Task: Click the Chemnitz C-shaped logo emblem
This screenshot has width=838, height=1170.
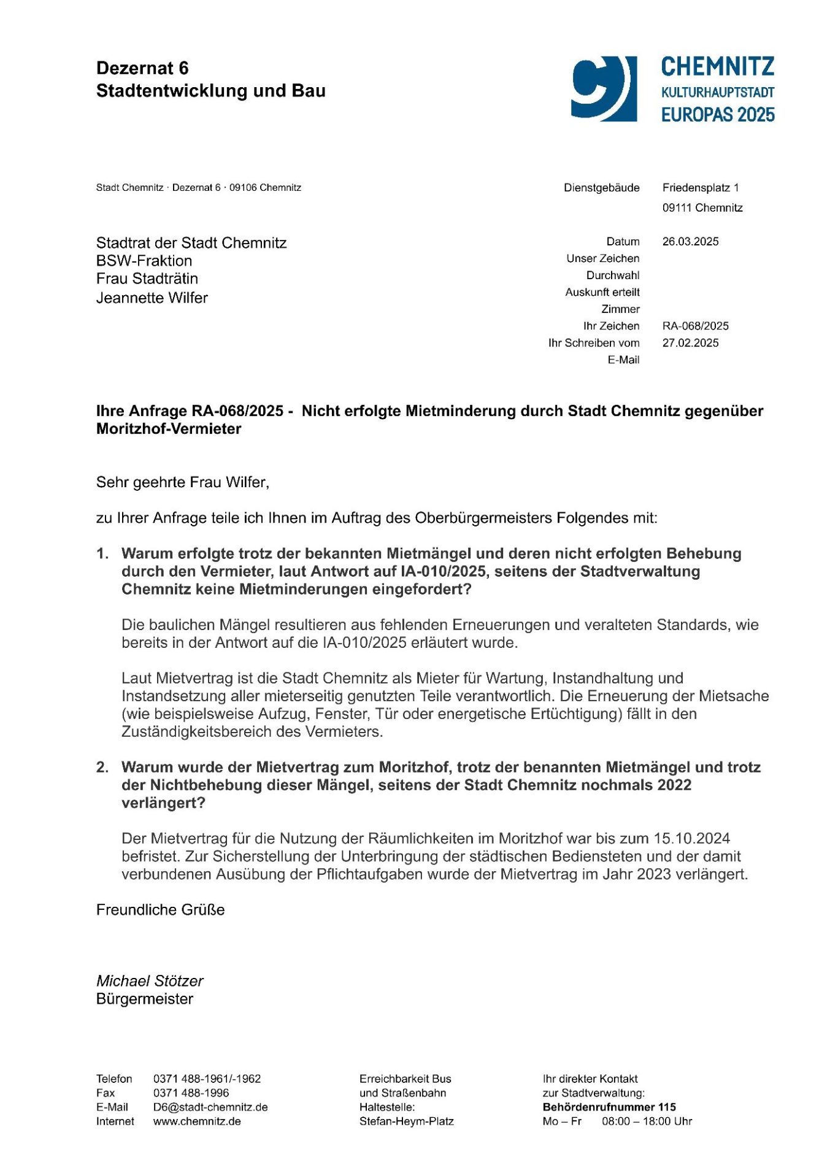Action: pyautogui.click(x=604, y=88)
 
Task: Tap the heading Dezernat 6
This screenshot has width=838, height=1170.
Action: pyautogui.click(x=142, y=68)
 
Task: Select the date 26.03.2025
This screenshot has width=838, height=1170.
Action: pyautogui.click(x=690, y=242)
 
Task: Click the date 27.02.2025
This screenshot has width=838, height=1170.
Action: pyautogui.click(x=690, y=343)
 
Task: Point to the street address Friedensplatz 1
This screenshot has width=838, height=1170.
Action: pyautogui.click(x=701, y=188)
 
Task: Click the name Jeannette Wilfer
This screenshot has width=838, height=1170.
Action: pyautogui.click(x=152, y=298)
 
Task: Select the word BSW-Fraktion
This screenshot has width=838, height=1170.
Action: pyautogui.click(x=144, y=261)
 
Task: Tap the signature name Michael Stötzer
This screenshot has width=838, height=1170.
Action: pyautogui.click(x=150, y=981)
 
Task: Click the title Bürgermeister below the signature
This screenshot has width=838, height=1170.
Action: pyautogui.click(x=145, y=999)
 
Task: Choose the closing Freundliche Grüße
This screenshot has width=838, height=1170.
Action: pyautogui.click(x=161, y=910)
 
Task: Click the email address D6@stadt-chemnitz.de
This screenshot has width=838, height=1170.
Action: pyautogui.click(x=210, y=1107)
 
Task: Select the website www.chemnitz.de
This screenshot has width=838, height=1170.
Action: pyautogui.click(x=197, y=1122)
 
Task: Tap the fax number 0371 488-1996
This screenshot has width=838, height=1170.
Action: pyautogui.click(x=191, y=1093)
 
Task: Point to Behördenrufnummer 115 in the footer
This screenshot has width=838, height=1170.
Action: pyautogui.click(x=609, y=1107)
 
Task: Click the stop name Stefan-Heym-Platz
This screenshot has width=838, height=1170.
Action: pyautogui.click(x=407, y=1122)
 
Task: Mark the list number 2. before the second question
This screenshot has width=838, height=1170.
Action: pyautogui.click(x=102, y=768)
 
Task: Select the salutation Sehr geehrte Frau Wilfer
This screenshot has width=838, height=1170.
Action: pyautogui.click(x=183, y=482)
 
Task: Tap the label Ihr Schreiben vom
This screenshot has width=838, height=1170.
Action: pyautogui.click(x=594, y=343)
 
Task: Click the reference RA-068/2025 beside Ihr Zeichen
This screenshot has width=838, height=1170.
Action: pyautogui.click(x=696, y=326)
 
